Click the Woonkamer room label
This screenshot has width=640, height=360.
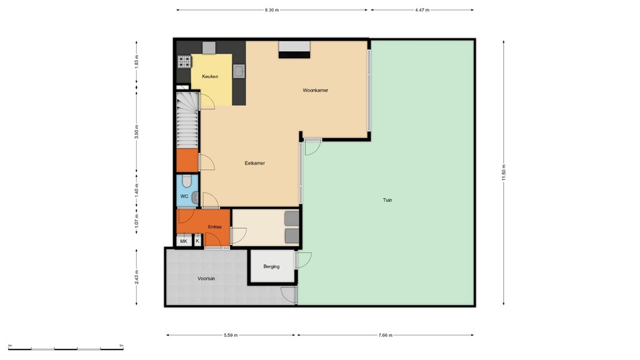coord(315,90)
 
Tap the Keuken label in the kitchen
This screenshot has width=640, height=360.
coord(210,76)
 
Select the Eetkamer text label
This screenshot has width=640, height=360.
coord(254,163)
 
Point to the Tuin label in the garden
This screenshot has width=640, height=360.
coord(387,201)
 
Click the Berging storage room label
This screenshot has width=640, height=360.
coord(271,266)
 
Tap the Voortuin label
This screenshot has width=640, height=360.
coord(206,279)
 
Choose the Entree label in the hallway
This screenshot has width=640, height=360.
coord(215,227)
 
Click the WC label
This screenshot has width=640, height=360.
coord(184,196)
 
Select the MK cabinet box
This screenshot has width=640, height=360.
coord(184,241)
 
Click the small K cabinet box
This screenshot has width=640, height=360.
coord(197,241)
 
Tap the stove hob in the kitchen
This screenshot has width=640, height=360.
coord(184,61)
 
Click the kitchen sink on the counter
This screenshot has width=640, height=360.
coord(239,71)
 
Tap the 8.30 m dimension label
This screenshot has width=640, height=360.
coord(272,10)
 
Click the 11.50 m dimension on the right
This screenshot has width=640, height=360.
coord(504,173)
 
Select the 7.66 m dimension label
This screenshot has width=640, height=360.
coord(386,335)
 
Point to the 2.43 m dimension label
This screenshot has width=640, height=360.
coord(137,276)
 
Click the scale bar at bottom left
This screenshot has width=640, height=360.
coord(66,346)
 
